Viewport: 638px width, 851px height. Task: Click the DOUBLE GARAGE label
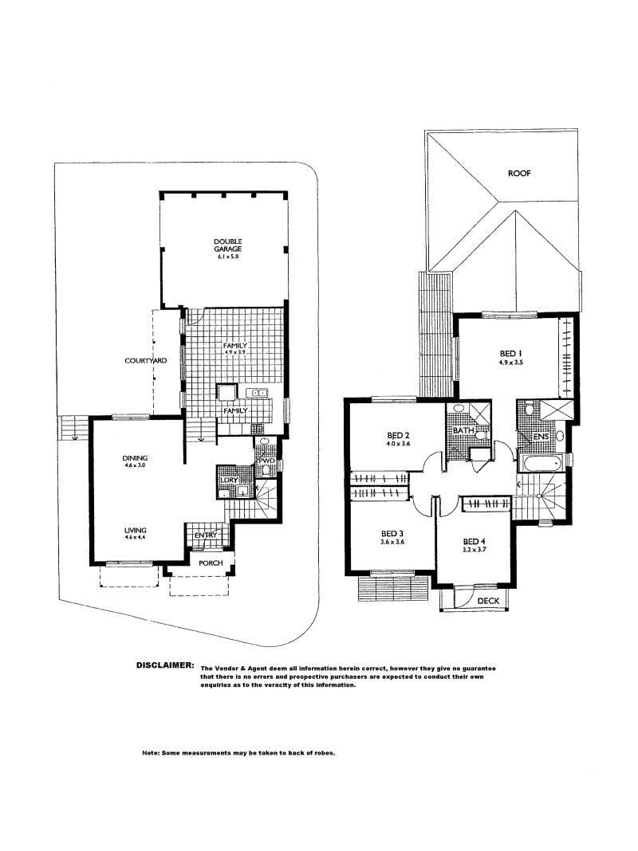tap(227, 245)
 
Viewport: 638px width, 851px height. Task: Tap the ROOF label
tap(519, 174)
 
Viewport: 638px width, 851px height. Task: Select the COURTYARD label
tap(145, 361)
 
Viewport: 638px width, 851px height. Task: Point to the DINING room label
tap(136, 458)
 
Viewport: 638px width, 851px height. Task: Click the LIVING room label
tap(136, 530)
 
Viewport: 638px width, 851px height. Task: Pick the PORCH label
tap(211, 563)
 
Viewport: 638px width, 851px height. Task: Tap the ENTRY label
tap(206, 535)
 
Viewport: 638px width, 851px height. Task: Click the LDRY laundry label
tap(229, 480)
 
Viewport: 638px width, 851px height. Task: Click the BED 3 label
tap(392, 534)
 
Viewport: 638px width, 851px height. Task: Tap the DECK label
tap(488, 602)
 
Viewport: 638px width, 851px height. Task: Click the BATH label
tap(463, 430)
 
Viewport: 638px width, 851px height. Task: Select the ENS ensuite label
tap(542, 437)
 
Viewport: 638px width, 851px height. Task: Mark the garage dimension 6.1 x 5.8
tap(227, 256)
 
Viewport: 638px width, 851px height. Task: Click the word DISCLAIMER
tap(165, 665)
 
